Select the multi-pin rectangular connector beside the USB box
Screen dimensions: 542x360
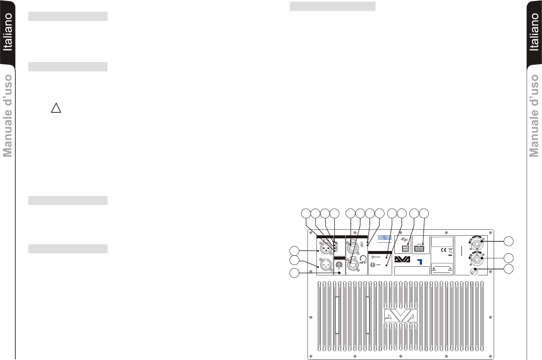(419, 248)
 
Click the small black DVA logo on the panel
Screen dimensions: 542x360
(403, 260)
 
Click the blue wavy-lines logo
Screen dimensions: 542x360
(385, 238)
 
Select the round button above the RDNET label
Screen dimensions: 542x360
(363, 258)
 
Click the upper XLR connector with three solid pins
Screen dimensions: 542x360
(92, 248)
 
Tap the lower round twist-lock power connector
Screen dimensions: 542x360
(477, 258)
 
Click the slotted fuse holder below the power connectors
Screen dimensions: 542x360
(474, 271)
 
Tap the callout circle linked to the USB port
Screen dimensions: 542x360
(414, 214)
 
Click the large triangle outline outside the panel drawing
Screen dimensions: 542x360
(56, 108)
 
